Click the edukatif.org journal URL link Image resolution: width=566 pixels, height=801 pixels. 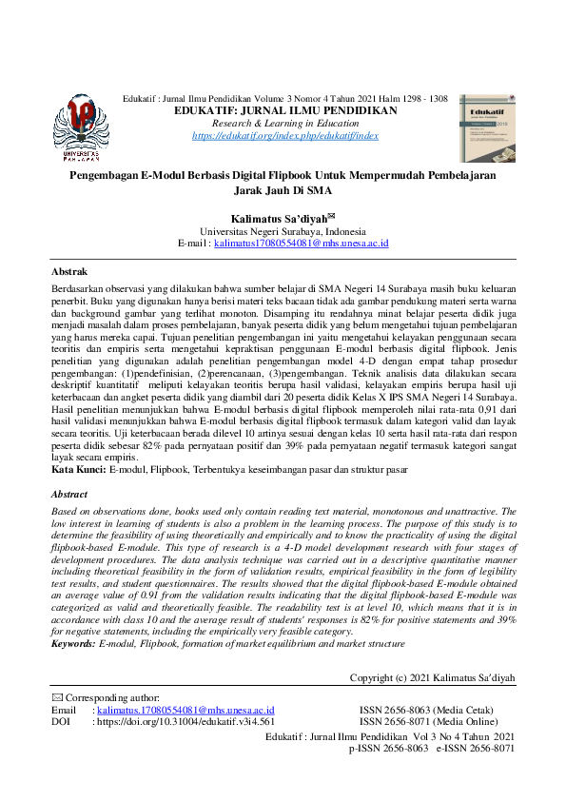(x=285, y=136)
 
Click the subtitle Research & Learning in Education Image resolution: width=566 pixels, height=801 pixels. (x=285, y=124)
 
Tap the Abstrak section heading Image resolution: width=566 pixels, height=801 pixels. (x=68, y=271)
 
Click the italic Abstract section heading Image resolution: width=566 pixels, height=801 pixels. (x=68, y=495)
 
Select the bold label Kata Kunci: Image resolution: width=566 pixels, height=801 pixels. (x=79, y=470)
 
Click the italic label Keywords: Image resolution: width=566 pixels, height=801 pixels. (x=73, y=618)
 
